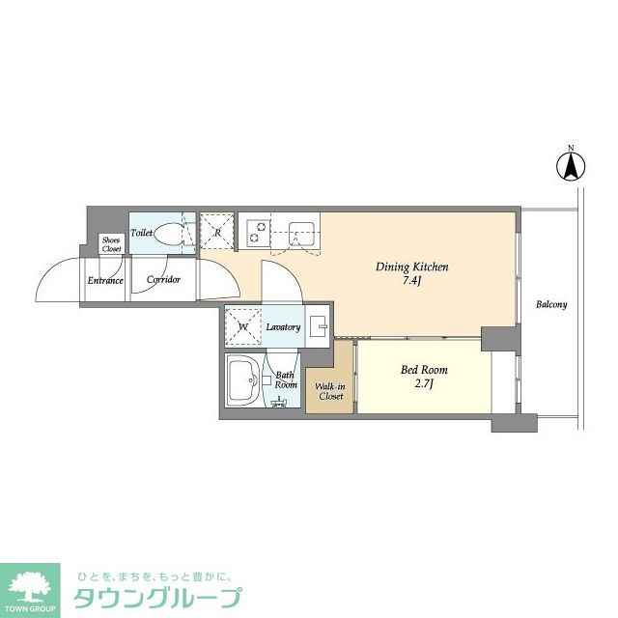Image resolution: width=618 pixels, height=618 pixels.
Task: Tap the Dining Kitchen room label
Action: click(412, 267)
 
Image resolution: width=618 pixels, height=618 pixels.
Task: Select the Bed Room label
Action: click(424, 370)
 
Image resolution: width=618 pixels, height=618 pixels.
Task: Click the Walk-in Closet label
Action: click(329, 391)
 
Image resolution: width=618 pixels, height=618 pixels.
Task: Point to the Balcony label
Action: click(551, 305)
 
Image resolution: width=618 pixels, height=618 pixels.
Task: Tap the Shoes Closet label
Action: click(112, 244)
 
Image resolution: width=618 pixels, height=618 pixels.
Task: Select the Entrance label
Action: click(105, 281)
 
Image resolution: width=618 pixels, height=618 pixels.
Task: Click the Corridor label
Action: click(163, 281)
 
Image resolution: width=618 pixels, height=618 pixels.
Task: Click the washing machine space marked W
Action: click(242, 326)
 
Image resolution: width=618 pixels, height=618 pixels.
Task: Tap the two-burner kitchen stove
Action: click(258, 232)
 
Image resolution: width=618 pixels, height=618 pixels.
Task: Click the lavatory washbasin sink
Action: click(318, 326)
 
